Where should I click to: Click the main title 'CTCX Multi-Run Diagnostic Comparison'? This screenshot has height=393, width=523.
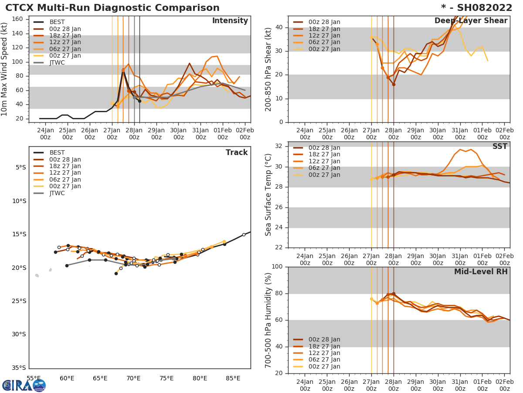pos(112,8)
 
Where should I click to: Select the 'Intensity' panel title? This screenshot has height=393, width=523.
pos(230,21)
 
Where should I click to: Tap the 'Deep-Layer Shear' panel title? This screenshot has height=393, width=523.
pos(471,21)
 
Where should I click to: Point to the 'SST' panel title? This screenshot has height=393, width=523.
pos(499,146)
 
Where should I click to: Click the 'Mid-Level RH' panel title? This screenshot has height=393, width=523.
pos(481,272)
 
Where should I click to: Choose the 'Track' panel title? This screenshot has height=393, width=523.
pos(237,152)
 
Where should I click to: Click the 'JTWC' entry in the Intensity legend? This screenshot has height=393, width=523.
pos(57,62)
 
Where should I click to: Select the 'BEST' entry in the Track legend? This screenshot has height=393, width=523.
pos(57,152)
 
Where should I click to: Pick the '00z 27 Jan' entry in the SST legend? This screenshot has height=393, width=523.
pos(324,175)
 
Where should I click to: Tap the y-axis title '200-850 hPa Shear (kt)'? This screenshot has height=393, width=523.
pos(268,69)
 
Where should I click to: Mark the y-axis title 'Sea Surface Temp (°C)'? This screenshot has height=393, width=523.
pos(268,195)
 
